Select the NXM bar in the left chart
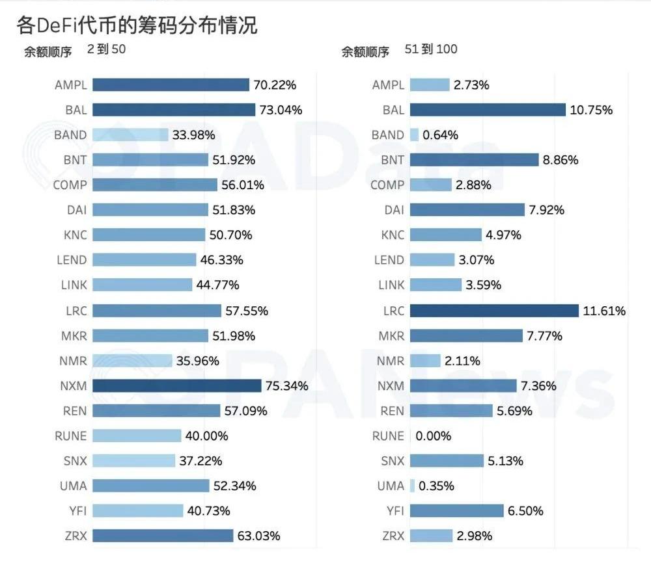176,386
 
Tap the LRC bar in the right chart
494,311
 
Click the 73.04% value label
281,110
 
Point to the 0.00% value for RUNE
433,436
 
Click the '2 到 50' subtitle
106,49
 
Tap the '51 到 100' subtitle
431,49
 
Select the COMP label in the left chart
70,185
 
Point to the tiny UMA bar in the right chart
413,486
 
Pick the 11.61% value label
604,311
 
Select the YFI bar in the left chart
137,511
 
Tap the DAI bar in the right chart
467,210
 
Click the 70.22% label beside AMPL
275,85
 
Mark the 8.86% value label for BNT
561,160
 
